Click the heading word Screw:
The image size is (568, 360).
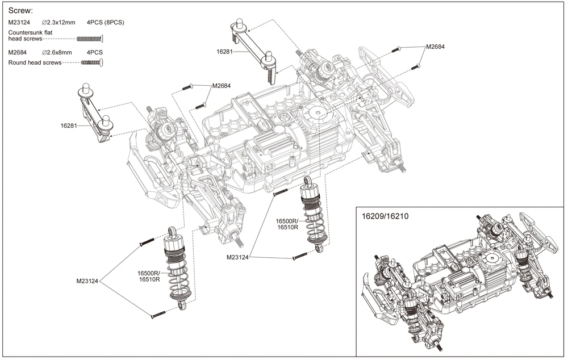(20, 10)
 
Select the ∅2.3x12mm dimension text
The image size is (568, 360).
(59, 23)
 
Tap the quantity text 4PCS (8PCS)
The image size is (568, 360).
(106, 23)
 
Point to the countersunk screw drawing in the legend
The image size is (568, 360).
(90, 39)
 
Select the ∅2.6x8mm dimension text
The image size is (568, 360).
(57, 52)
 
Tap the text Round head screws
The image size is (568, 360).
(35, 62)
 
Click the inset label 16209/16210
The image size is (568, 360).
(385, 216)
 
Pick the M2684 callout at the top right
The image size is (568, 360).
(435, 47)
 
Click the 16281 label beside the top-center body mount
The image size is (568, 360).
(224, 52)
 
